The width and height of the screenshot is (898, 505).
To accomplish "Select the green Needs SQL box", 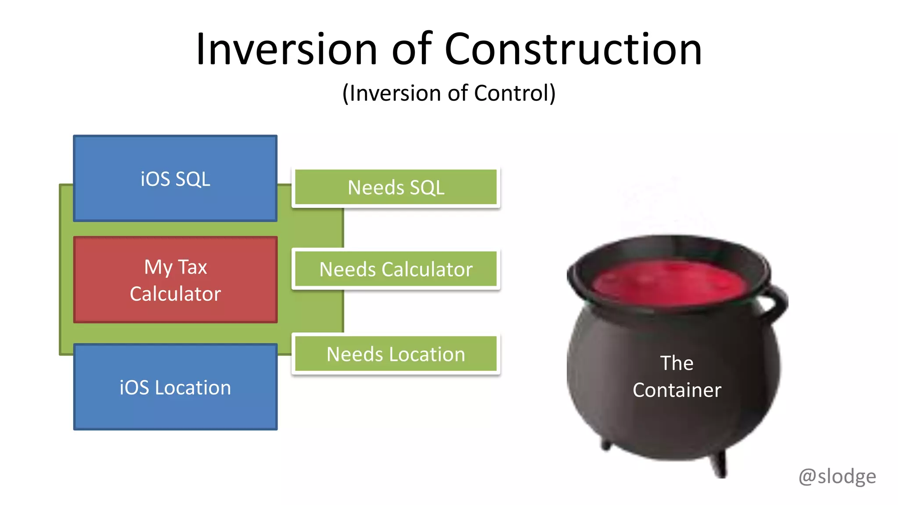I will [x=396, y=187].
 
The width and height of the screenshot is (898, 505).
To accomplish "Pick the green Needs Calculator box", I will [x=396, y=269].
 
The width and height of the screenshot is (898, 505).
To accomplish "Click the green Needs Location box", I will [x=396, y=354].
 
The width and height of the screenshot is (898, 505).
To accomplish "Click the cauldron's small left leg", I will [x=606, y=445].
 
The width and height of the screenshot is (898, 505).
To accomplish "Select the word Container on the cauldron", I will [x=677, y=390].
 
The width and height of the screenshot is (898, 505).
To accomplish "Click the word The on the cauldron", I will [x=677, y=363].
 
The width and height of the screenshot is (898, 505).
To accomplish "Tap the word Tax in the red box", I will [x=192, y=267].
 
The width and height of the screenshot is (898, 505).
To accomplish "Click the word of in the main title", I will [x=411, y=49].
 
